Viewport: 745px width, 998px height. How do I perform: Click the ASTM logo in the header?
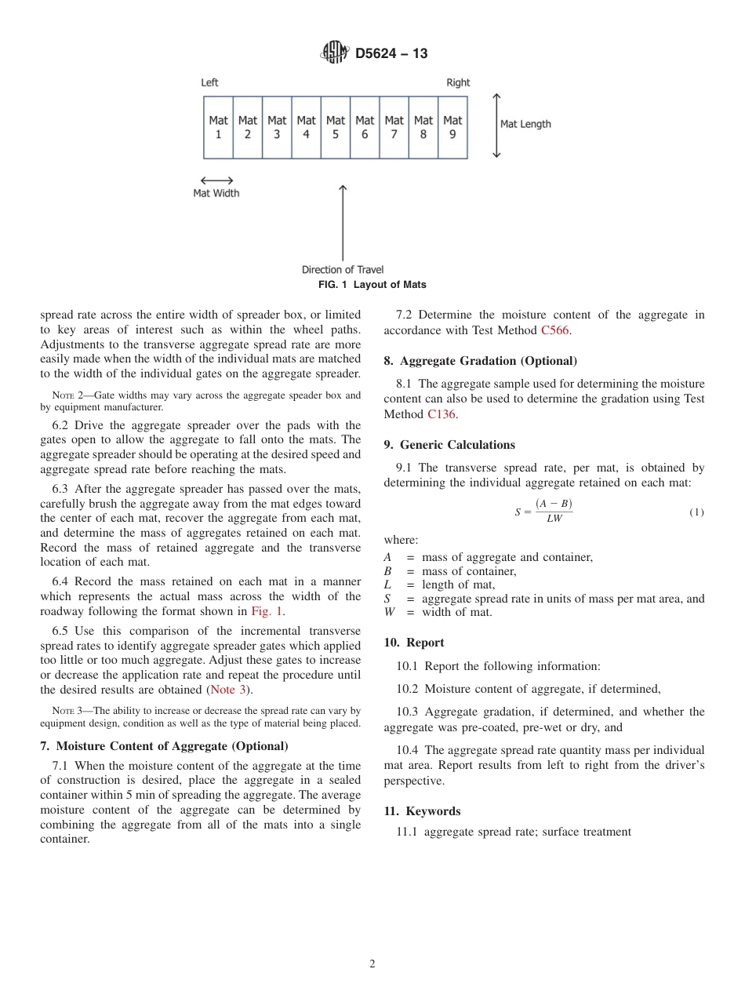coord(335,53)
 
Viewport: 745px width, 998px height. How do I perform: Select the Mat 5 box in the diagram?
coord(336,127)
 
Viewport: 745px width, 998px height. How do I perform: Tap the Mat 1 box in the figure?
coord(218,127)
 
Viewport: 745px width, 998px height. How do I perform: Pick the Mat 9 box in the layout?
coord(452,127)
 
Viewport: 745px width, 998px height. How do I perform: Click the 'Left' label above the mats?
coord(209,82)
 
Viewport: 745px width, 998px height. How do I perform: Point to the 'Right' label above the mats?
coord(458,82)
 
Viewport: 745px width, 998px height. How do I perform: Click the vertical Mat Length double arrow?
coord(496,126)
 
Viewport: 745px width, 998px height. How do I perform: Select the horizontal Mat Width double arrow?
coord(216,180)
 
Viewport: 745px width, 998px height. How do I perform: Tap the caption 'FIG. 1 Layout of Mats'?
coord(372,285)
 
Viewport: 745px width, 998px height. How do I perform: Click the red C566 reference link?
coord(555,330)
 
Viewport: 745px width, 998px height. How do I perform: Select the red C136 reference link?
coord(441,413)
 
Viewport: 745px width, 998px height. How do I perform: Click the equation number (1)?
coord(696,512)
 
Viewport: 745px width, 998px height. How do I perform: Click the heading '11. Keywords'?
coord(422,811)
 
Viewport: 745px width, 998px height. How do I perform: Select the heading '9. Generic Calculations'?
coord(449,445)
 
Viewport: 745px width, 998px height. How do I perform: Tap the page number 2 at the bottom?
coord(372,964)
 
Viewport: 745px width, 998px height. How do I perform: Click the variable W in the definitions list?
coord(388,612)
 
